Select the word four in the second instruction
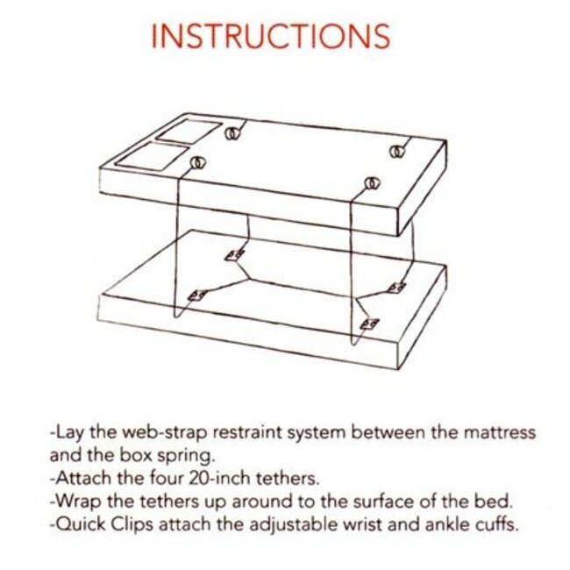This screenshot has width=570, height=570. point(146,480)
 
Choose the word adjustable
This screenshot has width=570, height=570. point(281,527)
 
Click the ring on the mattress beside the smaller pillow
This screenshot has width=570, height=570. point(232,133)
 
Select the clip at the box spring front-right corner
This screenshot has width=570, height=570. point(369,324)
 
